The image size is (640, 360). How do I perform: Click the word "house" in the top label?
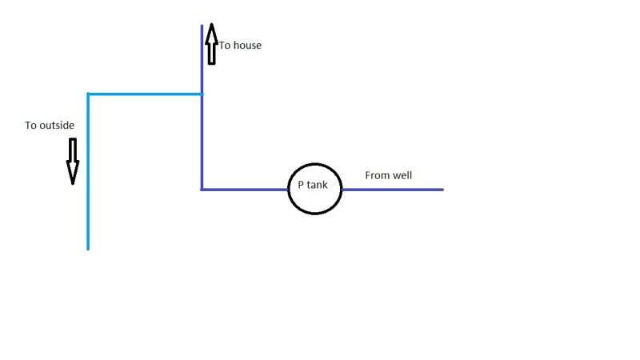[x=247, y=46]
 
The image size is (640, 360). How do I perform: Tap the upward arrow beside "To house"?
[x=211, y=44]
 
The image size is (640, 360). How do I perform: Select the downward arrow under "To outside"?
[x=73, y=162]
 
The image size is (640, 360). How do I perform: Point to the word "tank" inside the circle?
[x=317, y=185]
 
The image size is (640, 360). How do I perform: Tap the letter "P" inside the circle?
[x=301, y=185]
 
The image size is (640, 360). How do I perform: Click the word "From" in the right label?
[x=376, y=175]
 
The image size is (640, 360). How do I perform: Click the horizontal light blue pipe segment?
[x=145, y=94]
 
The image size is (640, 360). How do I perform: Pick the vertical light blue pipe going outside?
[x=88, y=171]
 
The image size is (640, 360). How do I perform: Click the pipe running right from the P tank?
[x=393, y=190]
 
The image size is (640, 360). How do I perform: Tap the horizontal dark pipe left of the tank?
[x=245, y=190]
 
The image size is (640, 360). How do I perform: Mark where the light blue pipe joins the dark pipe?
[x=202, y=94]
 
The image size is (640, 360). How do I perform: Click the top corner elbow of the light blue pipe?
[x=88, y=94]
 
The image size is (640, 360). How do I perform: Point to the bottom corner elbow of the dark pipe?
[x=202, y=190]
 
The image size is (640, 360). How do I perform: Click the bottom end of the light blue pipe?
[x=88, y=249]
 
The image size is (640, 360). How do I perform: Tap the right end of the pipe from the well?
[x=443, y=190]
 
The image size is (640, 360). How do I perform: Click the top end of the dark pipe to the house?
[x=202, y=26]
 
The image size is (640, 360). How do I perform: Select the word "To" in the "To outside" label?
[x=30, y=126]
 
